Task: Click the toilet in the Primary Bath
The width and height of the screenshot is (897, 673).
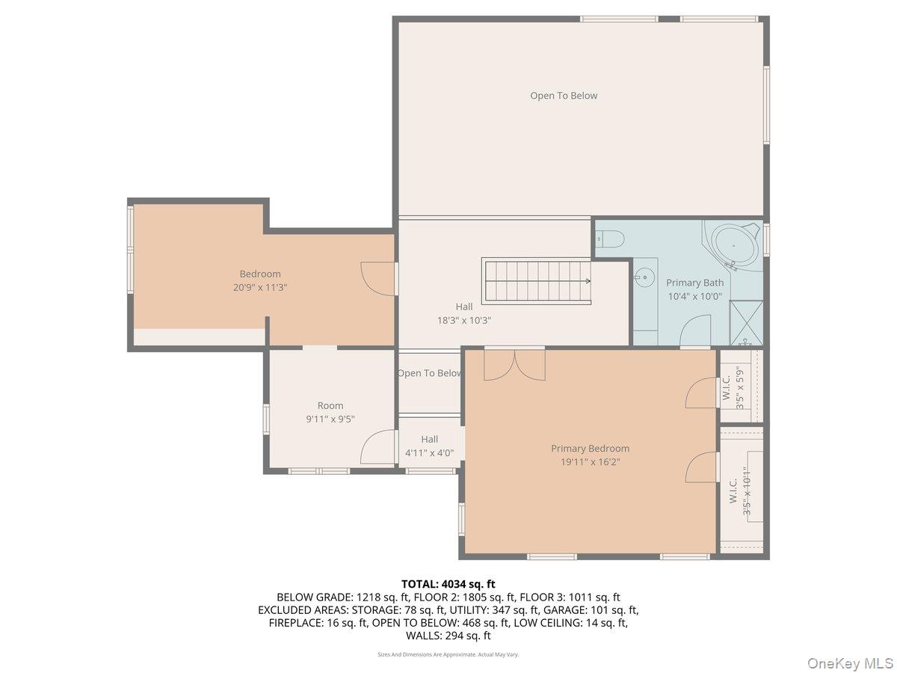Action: tap(611, 239)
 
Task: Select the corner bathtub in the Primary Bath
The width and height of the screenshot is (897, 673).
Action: tap(734, 245)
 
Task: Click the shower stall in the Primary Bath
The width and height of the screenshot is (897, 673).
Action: tap(746, 322)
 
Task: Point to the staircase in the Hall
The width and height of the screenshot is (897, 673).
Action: tap(536, 281)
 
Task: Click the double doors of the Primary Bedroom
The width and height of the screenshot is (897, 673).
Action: tap(514, 363)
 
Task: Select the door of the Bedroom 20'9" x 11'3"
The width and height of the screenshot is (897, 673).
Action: tap(377, 278)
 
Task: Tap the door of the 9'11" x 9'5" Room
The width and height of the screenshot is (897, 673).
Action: tap(379, 448)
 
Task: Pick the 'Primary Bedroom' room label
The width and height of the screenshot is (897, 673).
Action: tap(590, 449)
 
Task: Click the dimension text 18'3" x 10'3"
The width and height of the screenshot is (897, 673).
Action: tap(463, 320)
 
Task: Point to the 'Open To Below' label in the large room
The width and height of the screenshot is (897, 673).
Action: tap(564, 96)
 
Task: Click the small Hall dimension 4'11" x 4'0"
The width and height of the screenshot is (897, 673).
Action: tap(429, 453)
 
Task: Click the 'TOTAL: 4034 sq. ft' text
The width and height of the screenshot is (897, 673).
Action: tap(449, 584)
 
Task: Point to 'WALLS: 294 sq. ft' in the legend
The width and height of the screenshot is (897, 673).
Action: tap(449, 636)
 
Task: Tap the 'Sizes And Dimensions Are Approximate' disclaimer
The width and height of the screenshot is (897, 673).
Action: tap(449, 654)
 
